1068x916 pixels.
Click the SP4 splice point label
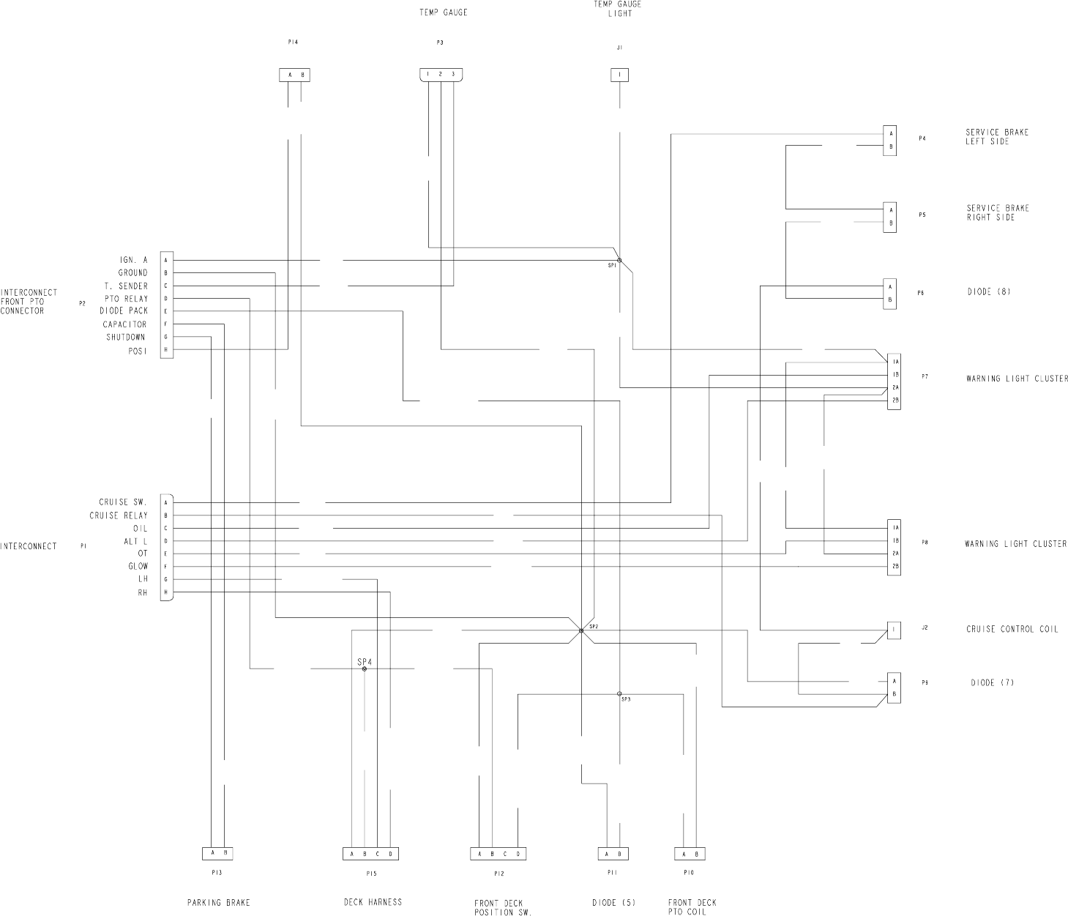[365, 661]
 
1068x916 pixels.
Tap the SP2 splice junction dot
[581, 630]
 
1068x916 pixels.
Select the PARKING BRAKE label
[218, 903]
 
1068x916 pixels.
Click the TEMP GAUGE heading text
[443, 12]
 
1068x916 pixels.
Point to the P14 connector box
[294, 75]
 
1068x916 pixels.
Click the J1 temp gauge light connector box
[620, 75]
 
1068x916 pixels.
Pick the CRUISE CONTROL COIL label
[1012, 629]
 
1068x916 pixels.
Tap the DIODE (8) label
[989, 292]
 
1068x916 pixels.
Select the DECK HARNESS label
[373, 902]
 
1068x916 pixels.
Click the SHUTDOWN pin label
[125, 338]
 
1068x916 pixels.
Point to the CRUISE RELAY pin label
[119, 515]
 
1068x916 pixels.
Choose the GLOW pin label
[138, 566]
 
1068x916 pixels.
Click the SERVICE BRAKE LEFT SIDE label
[996, 137]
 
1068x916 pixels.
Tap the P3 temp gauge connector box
[441, 75]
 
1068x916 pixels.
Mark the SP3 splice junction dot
[619, 693]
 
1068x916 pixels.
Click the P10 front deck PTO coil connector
[690, 854]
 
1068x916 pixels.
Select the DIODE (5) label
[613, 903]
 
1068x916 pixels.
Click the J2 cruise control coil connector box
[894, 629]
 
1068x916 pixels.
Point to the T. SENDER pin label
[125, 286]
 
